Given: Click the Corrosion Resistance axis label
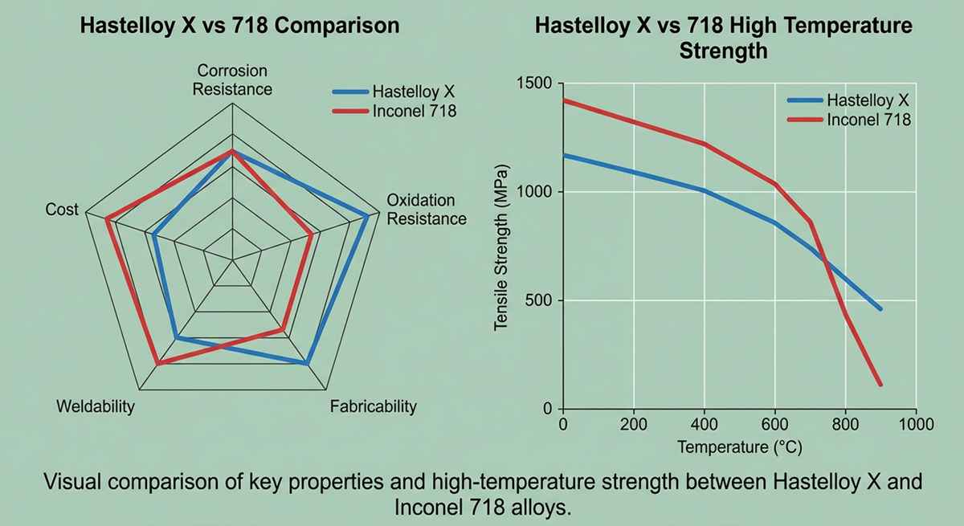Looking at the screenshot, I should coord(232,80).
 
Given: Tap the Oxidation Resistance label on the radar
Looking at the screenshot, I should coord(426,209).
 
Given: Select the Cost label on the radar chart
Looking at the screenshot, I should coord(63,210).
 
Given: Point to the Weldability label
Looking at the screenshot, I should coord(96,406).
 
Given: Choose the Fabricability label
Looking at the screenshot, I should coord(374,406).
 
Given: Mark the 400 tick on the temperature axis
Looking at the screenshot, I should coord(704,424).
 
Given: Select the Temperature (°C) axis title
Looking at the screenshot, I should coord(739,446).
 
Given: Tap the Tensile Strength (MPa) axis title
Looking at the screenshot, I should coord(501,249).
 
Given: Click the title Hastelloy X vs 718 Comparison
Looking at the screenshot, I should coord(239,25).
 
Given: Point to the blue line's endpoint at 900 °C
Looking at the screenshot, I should coord(880,309).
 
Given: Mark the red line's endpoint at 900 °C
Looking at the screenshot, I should coord(880,385).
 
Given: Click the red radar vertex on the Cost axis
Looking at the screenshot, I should coord(107,218).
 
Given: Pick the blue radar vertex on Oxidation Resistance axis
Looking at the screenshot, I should coord(367,216).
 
